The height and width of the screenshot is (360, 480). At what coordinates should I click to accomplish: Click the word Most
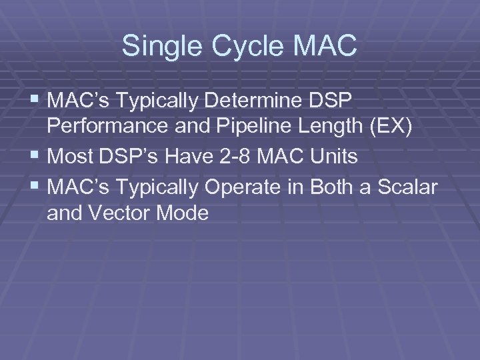coord(71,157)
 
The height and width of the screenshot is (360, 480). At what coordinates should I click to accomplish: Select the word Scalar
coord(408,187)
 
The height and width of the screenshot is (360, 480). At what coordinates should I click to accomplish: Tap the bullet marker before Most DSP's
coord(35,157)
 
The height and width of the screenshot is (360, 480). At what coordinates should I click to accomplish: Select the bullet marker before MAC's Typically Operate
coord(35,187)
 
